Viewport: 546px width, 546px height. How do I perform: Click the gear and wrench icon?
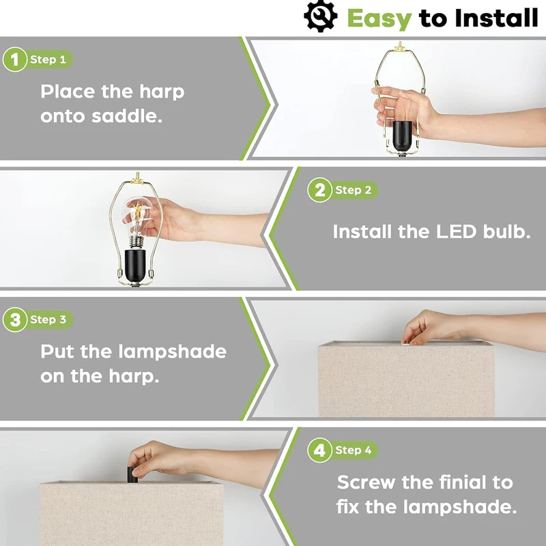click(x=320, y=16)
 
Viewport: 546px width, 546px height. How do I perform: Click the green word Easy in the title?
click(x=379, y=19)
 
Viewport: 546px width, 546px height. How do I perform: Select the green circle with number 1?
click(x=14, y=59)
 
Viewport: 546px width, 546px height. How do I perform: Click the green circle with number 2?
click(x=319, y=190)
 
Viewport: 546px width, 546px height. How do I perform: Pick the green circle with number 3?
click(x=14, y=319)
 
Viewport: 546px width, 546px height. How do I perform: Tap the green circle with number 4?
click(x=319, y=450)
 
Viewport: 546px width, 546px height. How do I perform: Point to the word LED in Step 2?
click(x=456, y=231)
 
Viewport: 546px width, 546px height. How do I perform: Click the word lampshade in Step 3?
click(x=172, y=352)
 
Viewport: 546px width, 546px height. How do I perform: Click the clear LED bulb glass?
click(x=138, y=216)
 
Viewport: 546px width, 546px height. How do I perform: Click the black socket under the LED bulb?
click(x=134, y=265)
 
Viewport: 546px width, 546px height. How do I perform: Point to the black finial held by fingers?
click(x=132, y=474)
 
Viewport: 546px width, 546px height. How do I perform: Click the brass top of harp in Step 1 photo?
click(x=399, y=46)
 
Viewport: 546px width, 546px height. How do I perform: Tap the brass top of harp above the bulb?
click(x=138, y=177)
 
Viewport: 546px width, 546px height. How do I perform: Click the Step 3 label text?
click(x=48, y=319)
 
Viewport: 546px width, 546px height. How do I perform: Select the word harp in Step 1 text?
click(x=162, y=92)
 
